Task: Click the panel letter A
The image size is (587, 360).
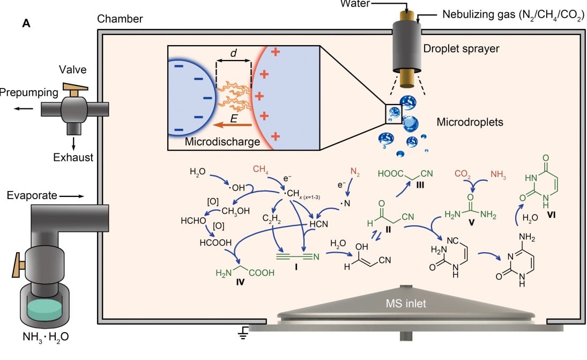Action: [x=26, y=24]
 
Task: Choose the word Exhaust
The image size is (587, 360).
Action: [x=73, y=158]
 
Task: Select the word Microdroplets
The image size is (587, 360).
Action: [x=469, y=122]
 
